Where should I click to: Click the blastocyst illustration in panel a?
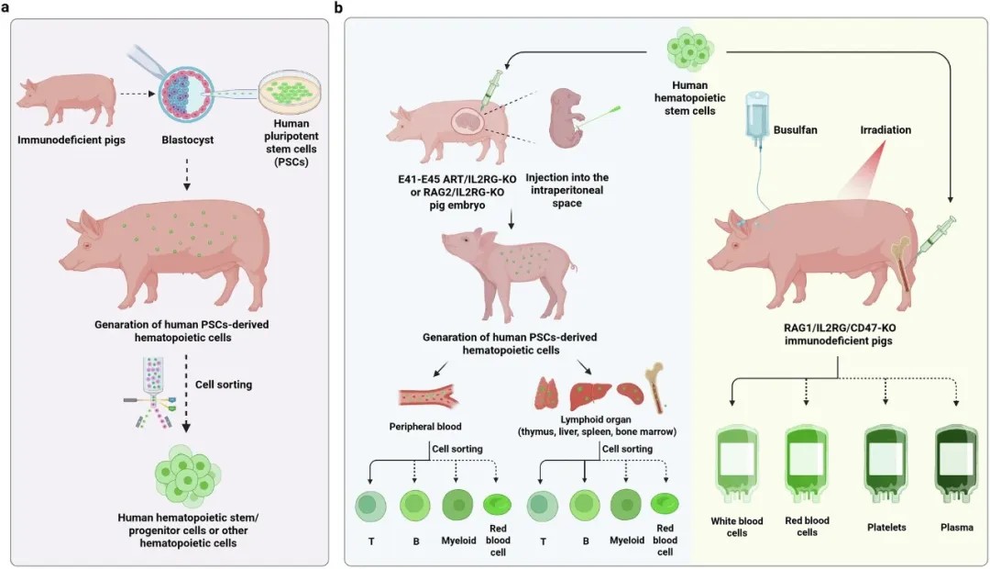(187, 96)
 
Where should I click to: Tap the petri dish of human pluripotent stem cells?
(291, 93)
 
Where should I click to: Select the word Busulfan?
(795, 129)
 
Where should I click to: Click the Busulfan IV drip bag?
(757, 115)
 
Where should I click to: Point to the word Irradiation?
(885, 129)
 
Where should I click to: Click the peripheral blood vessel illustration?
(427, 396)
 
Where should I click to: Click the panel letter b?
(339, 7)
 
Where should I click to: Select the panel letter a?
(5, 7)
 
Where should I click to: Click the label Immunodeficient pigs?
(71, 139)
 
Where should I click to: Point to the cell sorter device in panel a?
(150, 393)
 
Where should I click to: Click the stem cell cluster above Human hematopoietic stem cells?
(690, 50)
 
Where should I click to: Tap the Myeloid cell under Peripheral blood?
(457, 505)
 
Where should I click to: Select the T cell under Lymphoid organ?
(543, 506)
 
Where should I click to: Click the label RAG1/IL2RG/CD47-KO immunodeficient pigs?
(839, 334)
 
